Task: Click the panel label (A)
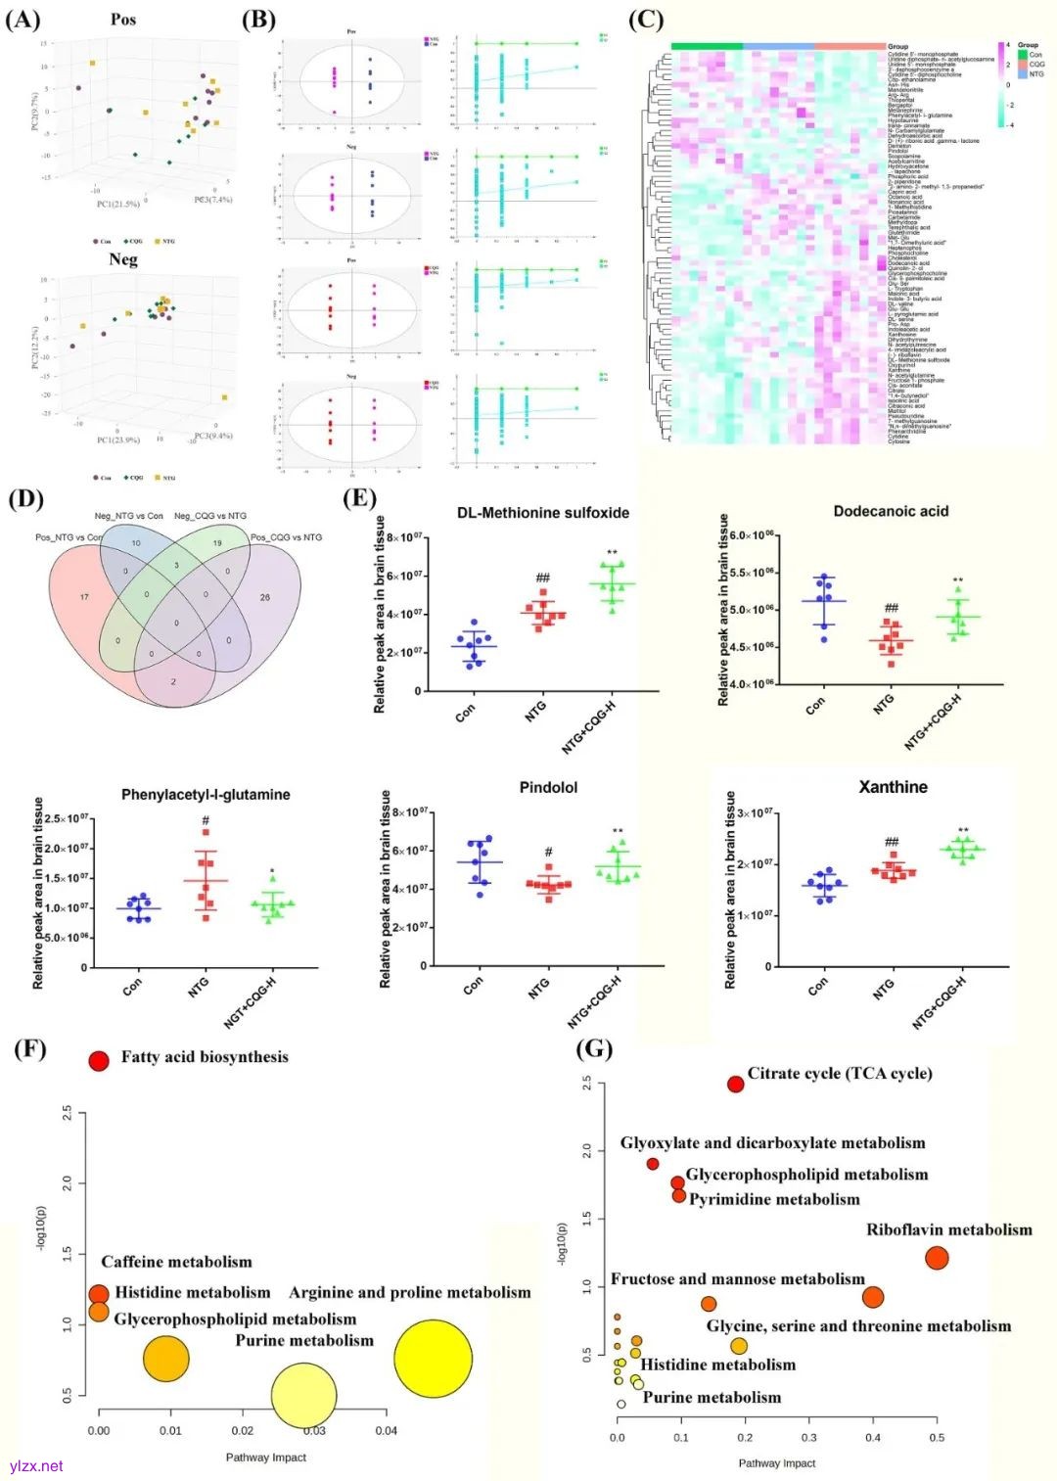coord(23,20)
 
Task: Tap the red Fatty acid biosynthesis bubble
coord(99,1061)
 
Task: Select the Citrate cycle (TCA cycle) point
coord(736,1084)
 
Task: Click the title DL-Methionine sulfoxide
coord(543,513)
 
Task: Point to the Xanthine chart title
coord(893,787)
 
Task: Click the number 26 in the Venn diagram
coord(265,597)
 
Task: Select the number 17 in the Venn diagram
coord(84,597)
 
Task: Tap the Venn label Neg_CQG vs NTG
coord(210,516)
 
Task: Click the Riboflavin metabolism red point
coord(937,1258)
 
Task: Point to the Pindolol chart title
coord(548,788)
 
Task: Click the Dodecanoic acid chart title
coord(891,511)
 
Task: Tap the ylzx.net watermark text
coord(36,1465)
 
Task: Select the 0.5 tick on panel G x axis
coord(937,1438)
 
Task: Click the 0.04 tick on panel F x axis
coord(387,1431)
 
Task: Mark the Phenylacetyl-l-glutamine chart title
coord(206,795)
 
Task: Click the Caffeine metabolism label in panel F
coord(176,1262)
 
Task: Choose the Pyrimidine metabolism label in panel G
coord(774,1199)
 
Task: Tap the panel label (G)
coord(594,1049)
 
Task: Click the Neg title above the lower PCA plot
coord(123,259)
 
